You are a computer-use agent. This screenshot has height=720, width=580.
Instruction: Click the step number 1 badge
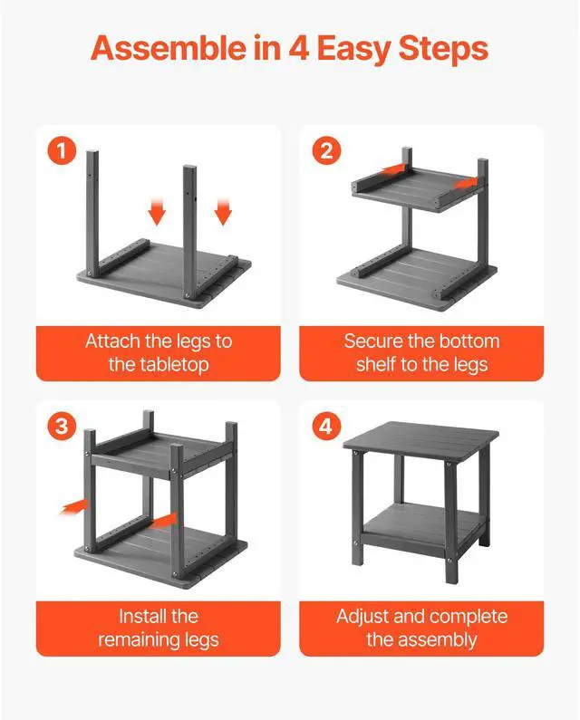(62, 150)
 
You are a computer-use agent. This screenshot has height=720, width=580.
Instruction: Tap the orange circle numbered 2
(326, 150)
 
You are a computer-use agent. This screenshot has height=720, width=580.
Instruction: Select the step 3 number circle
(62, 426)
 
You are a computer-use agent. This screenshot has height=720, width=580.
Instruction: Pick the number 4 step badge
(326, 426)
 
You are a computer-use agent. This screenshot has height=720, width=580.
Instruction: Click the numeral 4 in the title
(299, 48)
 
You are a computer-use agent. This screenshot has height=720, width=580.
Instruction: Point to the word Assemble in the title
(169, 48)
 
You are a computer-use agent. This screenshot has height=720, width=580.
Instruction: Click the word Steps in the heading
(443, 49)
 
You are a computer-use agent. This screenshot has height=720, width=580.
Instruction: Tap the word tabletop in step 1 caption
(159, 365)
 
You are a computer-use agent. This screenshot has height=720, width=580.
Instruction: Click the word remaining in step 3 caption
(139, 639)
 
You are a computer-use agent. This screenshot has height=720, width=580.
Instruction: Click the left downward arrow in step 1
(157, 212)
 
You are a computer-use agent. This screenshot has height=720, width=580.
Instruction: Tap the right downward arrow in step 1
(223, 212)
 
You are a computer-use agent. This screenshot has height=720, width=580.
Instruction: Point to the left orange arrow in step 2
(393, 170)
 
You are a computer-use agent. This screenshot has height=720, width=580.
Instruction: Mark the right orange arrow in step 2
(465, 183)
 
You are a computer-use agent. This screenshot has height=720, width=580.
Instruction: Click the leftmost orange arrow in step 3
(73, 506)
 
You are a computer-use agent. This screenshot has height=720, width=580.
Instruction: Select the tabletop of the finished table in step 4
(420, 437)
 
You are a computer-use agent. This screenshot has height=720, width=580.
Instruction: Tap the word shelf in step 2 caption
(375, 365)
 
